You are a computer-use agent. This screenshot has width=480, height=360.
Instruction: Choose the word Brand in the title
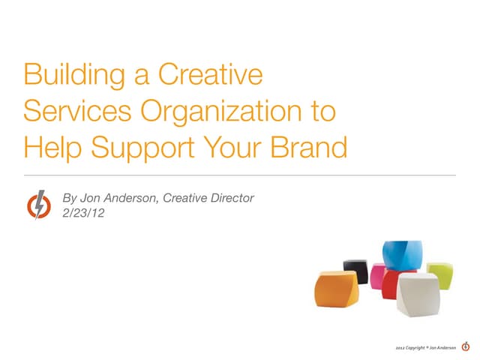pos(310,148)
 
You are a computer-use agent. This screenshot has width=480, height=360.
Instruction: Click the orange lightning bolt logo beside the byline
pos(38,204)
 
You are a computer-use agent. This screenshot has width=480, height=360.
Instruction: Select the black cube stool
pos(355,271)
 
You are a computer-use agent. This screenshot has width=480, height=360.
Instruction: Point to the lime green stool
pos(439,274)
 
